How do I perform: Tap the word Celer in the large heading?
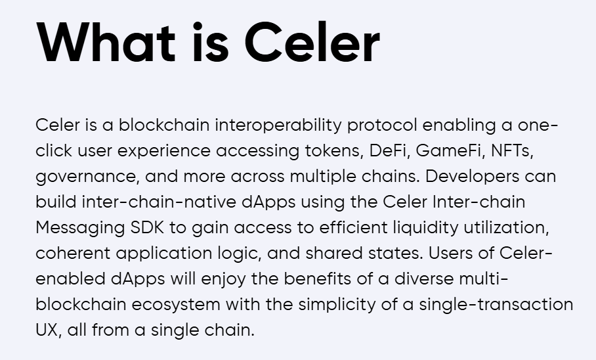pos(312,41)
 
